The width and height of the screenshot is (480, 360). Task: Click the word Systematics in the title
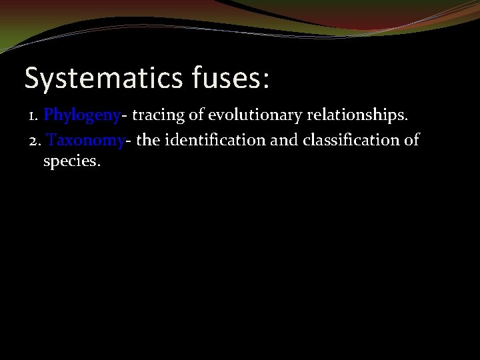tap(101, 78)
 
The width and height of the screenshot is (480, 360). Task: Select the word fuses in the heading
tap(223, 78)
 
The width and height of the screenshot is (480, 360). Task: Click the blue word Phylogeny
tap(81, 116)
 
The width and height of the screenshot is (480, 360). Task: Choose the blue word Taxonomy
tap(86, 141)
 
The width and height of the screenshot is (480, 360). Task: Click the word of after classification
tap(411, 141)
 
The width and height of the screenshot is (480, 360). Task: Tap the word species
tap(71, 161)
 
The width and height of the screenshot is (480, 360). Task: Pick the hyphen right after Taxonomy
tap(129, 143)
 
